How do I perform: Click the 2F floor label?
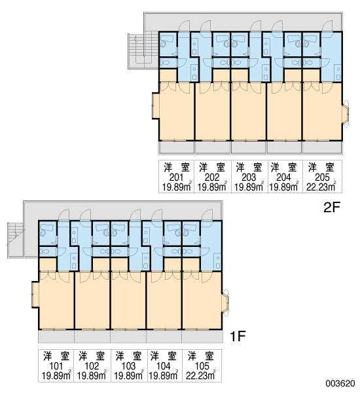tap(331, 207)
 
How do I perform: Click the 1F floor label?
tap(238, 336)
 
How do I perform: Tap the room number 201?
tap(176, 178)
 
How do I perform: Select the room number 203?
tap(249, 178)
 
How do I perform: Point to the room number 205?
tap(322, 178)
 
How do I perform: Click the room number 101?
tap(56, 366)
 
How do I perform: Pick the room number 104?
tap(163, 366)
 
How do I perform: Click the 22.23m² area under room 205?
tap(321, 187)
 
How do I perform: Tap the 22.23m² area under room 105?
tap(201, 375)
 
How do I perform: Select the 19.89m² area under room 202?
tap(212, 187)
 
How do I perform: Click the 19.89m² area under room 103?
tap(129, 375)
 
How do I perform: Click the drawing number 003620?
tap(340, 383)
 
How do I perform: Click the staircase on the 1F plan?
tap(16, 239)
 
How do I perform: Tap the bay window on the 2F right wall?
tap(346, 114)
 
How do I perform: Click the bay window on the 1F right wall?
tap(225, 303)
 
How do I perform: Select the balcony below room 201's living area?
tap(176, 147)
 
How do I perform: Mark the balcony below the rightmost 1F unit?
tap(202, 337)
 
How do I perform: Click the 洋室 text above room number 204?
tap(284, 168)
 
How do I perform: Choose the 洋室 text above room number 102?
tap(92, 356)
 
